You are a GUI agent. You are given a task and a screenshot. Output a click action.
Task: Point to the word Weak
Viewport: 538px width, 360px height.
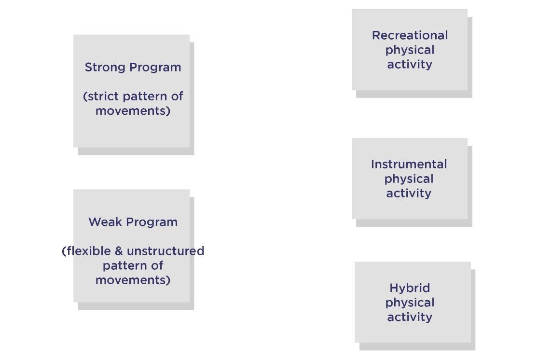pyautogui.click(x=105, y=222)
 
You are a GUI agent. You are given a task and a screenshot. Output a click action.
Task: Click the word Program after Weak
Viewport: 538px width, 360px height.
pyautogui.click(x=152, y=222)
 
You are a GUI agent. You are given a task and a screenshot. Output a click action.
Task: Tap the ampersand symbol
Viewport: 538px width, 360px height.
pyautogui.click(x=119, y=251)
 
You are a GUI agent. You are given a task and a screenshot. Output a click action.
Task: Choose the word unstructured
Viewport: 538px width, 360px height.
pyautogui.click(x=166, y=251)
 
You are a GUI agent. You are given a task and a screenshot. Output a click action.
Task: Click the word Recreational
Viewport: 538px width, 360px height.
pyautogui.click(x=410, y=35)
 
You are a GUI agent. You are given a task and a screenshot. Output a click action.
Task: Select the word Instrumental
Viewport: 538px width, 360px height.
pyautogui.click(x=409, y=165)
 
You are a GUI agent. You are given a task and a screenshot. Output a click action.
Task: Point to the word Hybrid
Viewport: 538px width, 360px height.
pyautogui.click(x=410, y=288)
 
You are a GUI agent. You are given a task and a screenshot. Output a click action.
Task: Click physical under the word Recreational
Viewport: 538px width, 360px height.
pyautogui.click(x=410, y=51)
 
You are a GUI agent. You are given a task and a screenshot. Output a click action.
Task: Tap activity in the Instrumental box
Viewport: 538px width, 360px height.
pyautogui.click(x=409, y=194)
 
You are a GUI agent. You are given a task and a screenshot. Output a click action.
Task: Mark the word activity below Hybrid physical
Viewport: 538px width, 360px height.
pyautogui.click(x=410, y=318)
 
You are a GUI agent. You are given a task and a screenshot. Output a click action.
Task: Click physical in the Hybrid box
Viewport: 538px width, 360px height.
pyautogui.click(x=410, y=303)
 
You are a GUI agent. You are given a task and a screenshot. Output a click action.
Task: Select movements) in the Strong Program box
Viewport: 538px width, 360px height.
pyautogui.click(x=133, y=111)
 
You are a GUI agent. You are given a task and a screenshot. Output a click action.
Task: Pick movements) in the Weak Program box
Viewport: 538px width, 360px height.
pyautogui.click(x=133, y=280)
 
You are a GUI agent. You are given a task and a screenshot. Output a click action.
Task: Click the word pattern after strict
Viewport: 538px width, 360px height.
pyautogui.click(x=146, y=97)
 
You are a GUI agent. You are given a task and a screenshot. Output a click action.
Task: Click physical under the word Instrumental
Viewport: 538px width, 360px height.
pyautogui.click(x=409, y=180)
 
